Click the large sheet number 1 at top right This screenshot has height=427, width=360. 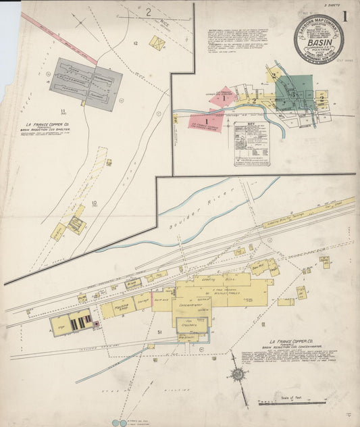click(x=345, y=16)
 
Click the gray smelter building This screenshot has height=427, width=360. click(x=86, y=84)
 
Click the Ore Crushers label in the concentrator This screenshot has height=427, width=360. click(x=193, y=322)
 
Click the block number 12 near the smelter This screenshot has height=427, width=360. click(x=136, y=43)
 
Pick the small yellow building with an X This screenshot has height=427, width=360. click(x=157, y=44)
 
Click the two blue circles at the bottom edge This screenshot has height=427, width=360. click(x=119, y=423)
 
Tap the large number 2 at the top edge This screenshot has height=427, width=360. click(x=148, y=11)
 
